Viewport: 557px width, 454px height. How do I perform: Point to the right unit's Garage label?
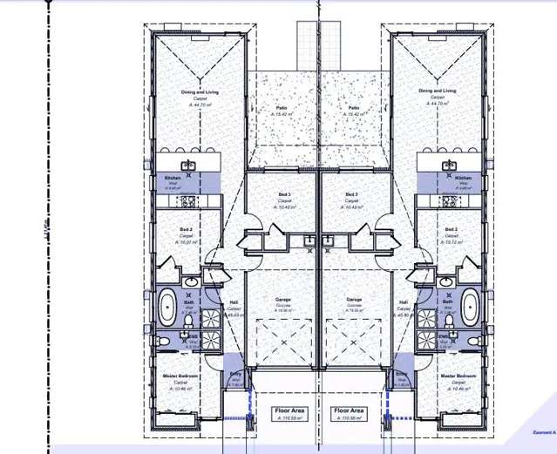[354, 299]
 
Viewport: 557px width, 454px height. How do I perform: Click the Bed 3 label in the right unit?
[351, 194]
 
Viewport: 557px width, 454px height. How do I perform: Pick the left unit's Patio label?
[282, 108]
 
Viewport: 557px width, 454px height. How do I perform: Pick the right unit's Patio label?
[353, 108]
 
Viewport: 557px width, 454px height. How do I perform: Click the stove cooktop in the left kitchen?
[187, 200]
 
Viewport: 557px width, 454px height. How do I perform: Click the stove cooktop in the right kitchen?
[450, 200]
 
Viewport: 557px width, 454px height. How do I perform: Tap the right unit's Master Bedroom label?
[458, 376]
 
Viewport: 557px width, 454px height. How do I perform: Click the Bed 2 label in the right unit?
[451, 230]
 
